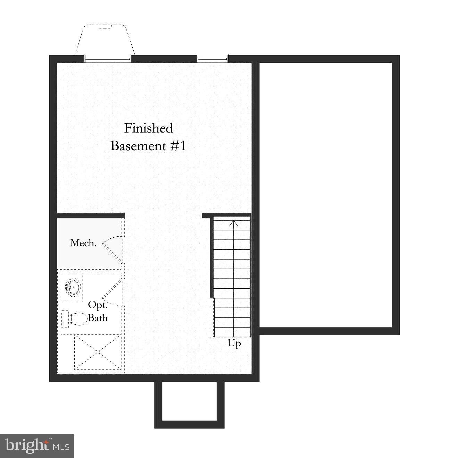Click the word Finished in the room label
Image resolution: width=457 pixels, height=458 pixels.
point(148,128)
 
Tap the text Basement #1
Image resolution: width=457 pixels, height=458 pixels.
point(148,146)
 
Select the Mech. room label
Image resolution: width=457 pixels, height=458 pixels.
point(83,243)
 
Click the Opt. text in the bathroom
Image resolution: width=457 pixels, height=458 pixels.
point(98,305)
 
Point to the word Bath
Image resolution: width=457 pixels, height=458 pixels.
point(98,317)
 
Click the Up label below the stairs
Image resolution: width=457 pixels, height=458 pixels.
point(234,343)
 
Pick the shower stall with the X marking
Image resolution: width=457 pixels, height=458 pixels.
point(98,352)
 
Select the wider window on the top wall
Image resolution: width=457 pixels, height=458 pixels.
point(108,58)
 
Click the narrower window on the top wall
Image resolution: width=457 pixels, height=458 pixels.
point(213,58)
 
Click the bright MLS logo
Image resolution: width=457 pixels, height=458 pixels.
point(37,446)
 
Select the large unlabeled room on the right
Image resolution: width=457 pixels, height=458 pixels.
point(326,194)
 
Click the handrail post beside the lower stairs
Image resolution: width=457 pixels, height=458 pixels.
point(211,317)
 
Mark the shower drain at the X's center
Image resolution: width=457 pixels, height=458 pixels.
point(98,352)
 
